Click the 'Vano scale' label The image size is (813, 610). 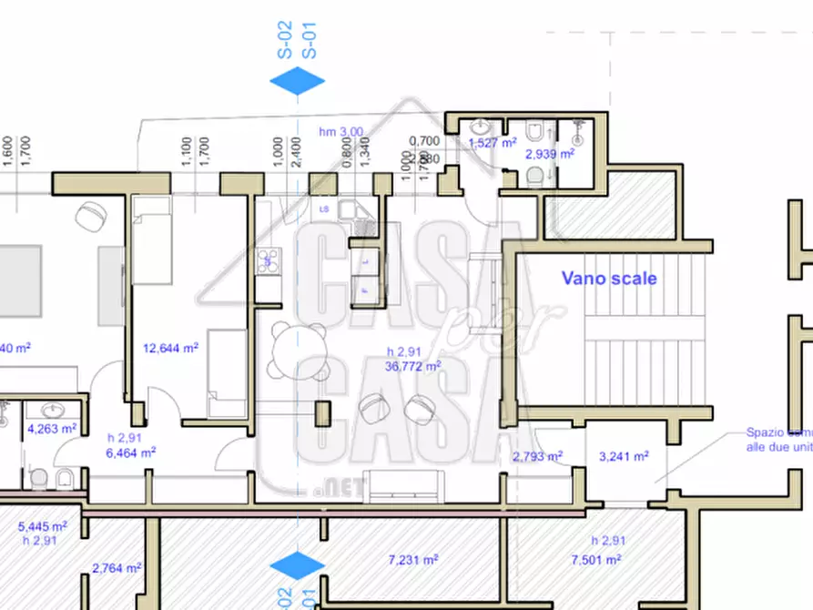608,279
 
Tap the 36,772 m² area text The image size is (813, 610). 412,366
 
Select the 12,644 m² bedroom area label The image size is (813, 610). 171,347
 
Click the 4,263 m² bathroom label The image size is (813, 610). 52,427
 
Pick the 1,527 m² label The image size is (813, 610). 493,143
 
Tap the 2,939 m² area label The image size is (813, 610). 550,154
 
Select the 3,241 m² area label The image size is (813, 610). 623,456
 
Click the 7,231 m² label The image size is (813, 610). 411,559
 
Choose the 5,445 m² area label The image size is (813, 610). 42,526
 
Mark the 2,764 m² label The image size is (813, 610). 117,568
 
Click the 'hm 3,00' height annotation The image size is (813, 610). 340,132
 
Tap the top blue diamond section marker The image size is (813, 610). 297,82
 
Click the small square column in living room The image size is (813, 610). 322,412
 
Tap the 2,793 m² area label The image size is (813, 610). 537,456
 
